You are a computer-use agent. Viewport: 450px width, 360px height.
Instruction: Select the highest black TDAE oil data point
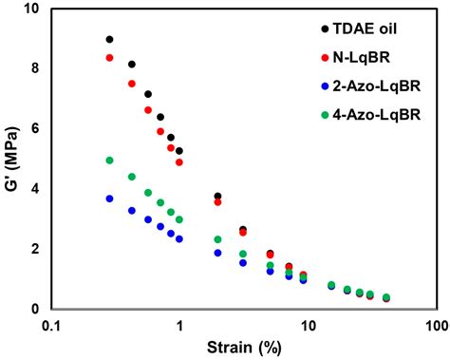click(x=109, y=40)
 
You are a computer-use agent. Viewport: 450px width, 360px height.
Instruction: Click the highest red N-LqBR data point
click(x=109, y=58)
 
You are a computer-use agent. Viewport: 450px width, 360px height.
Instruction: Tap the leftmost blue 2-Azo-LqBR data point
click(x=109, y=199)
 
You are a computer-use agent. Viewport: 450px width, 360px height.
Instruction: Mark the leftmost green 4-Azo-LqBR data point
click(x=109, y=161)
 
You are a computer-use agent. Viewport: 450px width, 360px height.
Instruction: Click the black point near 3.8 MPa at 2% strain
click(x=217, y=197)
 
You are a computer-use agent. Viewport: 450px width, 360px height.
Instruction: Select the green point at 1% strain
click(x=178, y=219)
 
